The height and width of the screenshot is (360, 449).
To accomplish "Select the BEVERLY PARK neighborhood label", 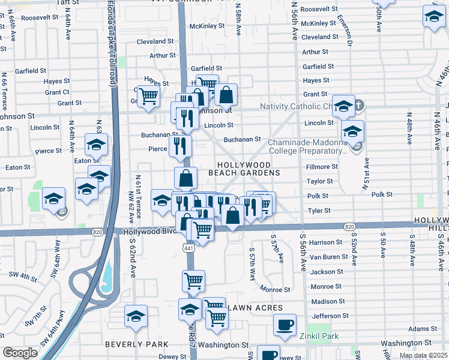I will click(x=133, y=344).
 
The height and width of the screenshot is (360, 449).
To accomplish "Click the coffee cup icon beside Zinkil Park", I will click(x=285, y=325).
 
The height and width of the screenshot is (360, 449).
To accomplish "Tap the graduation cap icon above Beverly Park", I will click(x=136, y=316).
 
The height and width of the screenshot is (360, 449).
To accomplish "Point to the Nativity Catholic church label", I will click(x=295, y=107).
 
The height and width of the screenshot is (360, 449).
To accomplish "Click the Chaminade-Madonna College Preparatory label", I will click(x=307, y=146).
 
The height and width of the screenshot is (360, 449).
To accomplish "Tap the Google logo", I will click(x=20, y=353).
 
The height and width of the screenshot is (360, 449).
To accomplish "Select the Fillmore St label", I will click(x=319, y=166).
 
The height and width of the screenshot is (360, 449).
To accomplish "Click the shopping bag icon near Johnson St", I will click(x=226, y=94).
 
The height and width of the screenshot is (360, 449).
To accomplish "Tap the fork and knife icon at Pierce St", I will click(x=180, y=145).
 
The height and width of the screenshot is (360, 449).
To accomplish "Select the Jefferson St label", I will click(x=329, y=316).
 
